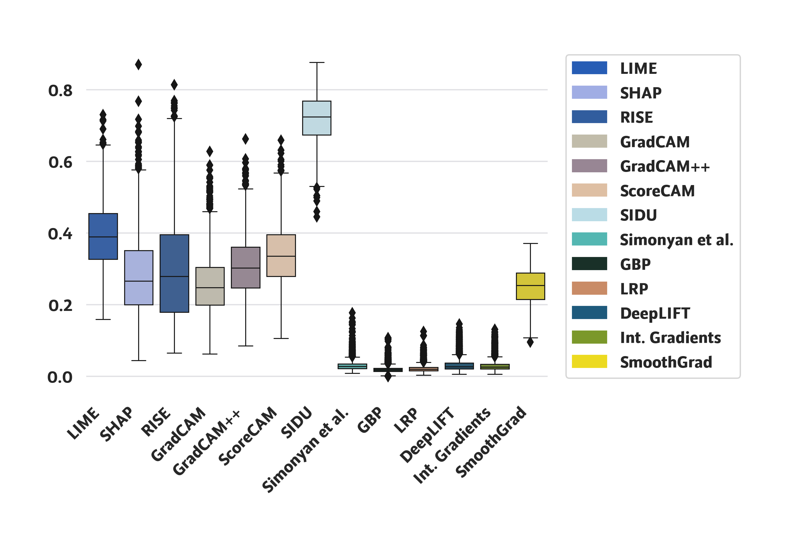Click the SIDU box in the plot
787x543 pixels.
point(317,118)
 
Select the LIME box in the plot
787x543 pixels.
point(103,236)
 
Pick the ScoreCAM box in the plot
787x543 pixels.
point(281,255)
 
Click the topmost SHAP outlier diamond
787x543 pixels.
point(138,64)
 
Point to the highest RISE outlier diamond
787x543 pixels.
point(174,84)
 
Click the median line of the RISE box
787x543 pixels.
point(174,276)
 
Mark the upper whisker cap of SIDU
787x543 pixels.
point(317,63)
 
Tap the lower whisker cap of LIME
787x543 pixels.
point(103,319)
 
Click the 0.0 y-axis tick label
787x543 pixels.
point(60,377)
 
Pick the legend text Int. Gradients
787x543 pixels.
point(670,337)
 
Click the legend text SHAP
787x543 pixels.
point(640,93)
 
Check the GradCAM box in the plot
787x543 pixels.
point(210,286)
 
